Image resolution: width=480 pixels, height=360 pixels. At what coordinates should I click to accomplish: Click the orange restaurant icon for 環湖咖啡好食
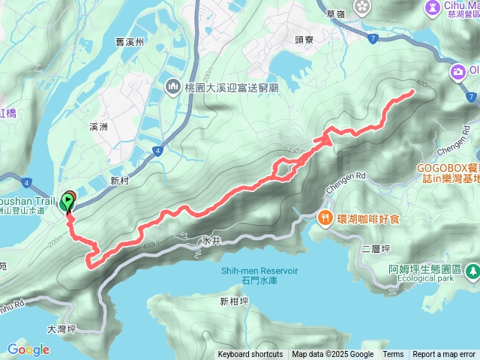tap(325, 218)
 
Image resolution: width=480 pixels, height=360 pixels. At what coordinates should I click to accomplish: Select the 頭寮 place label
tap(303, 40)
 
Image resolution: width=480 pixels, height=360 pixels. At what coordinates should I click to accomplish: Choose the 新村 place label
tap(119, 181)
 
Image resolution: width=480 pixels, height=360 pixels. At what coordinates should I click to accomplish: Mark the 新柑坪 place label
tap(234, 301)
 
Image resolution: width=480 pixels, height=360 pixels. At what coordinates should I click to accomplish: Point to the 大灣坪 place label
tap(62, 328)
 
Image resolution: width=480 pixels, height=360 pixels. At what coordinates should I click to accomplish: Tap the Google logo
tap(28, 349)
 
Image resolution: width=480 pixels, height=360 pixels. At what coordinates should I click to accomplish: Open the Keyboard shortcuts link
tap(250, 355)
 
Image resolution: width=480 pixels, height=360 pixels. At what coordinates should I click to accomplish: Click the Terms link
tap(393, 355)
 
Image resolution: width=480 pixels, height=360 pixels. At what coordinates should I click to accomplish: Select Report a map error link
tap(444, 355)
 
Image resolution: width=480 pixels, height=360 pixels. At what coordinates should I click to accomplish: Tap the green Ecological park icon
tap(472, 271)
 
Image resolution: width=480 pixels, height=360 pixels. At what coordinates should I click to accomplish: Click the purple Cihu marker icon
tap(433, 7)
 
